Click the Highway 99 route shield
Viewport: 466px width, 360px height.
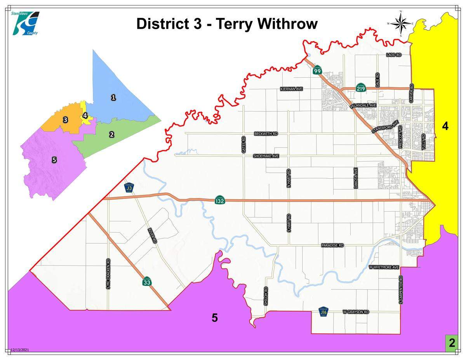point(317,70)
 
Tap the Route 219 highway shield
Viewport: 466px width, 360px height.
point(361,88)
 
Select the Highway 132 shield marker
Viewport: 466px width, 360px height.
point(219,200)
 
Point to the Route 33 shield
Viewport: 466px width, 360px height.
point(146,282)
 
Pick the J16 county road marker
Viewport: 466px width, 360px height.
point(323,312)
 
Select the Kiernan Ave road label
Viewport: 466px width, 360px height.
point(291,89)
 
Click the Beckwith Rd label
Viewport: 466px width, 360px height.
point(266,134)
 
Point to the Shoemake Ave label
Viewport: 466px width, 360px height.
point(266,156)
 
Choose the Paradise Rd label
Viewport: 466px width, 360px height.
point(332,245)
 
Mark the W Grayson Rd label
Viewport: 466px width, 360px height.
point(356,312)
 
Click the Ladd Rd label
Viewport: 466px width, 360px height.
point(393,55)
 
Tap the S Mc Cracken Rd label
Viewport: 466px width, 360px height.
point(108,274)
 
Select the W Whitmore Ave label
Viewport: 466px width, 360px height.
point(384,268)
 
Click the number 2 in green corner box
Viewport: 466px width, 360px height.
point(452,343)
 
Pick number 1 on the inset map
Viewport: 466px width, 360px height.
point(113,97)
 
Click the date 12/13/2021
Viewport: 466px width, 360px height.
point(20,350)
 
